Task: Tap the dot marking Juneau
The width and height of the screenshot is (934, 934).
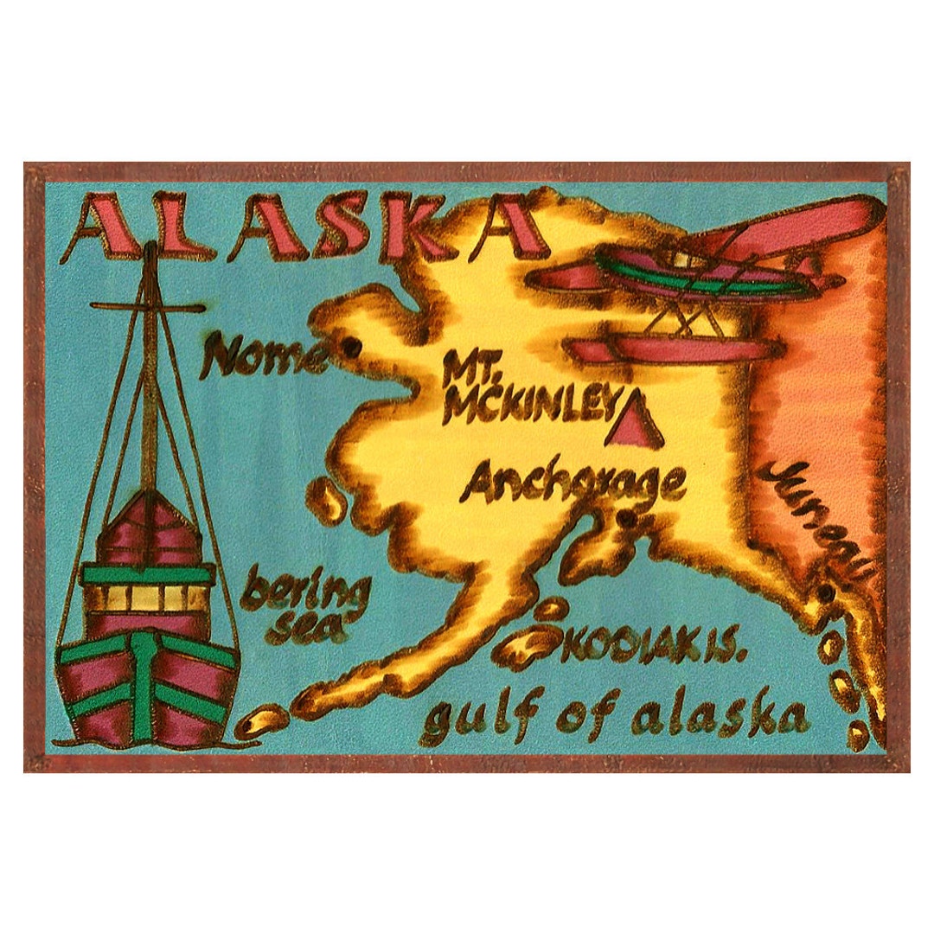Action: tap(826, 594)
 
